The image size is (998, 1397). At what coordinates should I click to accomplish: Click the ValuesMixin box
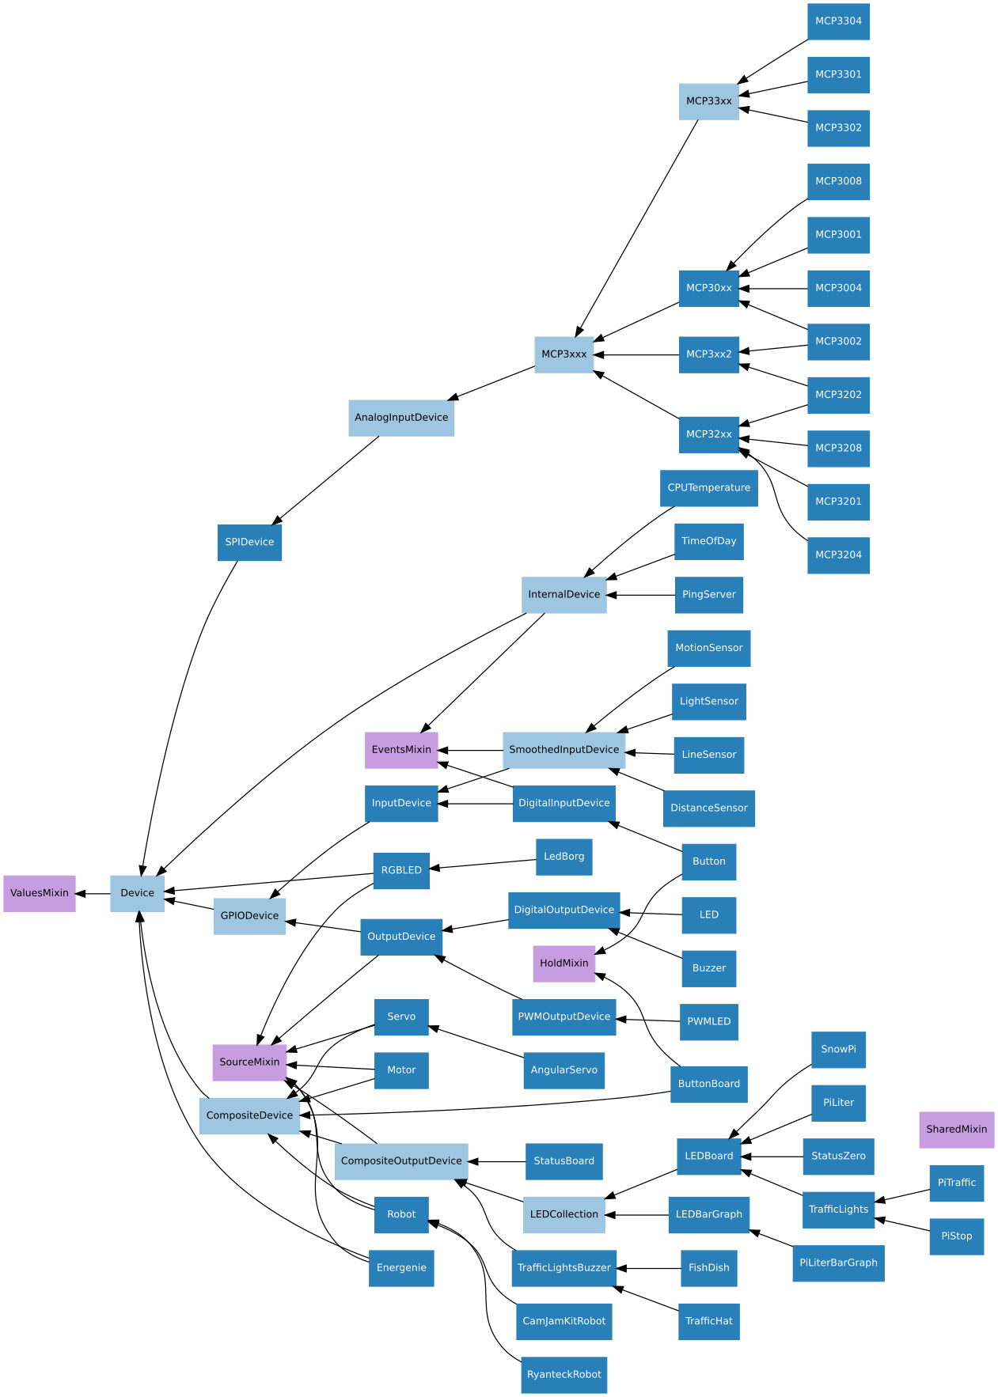[40, 893]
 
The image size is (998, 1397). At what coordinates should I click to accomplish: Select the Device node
[137, 893]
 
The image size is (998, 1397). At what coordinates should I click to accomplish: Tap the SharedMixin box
[956, 1129]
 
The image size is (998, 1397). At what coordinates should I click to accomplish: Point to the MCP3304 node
[838, 21]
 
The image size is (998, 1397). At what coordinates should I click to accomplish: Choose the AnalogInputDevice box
[401, 418]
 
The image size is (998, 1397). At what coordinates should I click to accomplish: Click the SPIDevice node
[249, 542]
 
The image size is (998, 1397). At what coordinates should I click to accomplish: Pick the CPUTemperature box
[708, 488]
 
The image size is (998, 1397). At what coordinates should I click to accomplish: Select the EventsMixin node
[401, 750]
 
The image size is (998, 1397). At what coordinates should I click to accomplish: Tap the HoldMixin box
[564, 964]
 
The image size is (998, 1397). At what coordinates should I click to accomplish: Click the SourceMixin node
[249, 1062]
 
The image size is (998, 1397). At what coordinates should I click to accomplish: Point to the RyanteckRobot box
[564, 1374]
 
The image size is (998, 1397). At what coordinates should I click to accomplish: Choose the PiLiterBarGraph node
[838, 1263]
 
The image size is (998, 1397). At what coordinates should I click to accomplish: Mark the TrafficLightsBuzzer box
[564, 1268]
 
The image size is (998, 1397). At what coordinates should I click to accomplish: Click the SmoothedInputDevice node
[564, 750]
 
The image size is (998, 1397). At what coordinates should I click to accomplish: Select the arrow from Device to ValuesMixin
[93, 893]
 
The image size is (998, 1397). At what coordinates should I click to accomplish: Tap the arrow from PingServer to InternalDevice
[640, 595]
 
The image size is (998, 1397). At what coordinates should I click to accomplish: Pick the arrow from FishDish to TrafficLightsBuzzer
[648, 1268]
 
